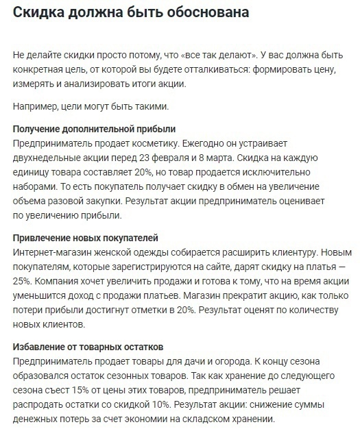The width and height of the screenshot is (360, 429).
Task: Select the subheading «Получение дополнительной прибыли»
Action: point(94,129)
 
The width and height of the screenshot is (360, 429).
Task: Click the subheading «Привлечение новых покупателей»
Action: point(85,238)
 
